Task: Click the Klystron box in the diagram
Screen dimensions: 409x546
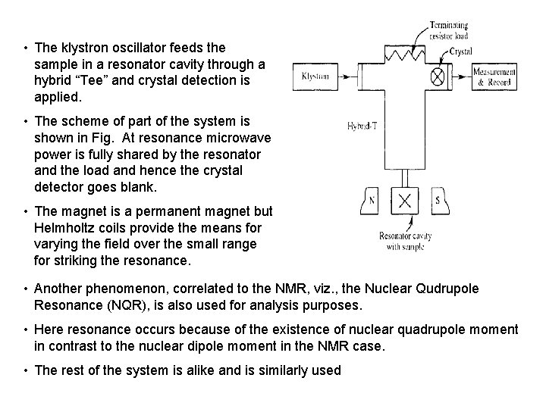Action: click(x=315, y=76)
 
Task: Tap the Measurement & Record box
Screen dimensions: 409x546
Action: click(x=494, y=76)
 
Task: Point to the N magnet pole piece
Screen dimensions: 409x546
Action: click(x=372, y=201)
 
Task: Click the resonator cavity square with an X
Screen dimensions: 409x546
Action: click(x=406, y=201)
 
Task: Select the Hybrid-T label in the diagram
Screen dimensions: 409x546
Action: click(x=362, y=126)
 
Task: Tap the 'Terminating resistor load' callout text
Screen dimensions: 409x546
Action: click(x=450, y=30)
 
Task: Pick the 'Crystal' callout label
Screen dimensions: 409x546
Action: click(x=460, y=52)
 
